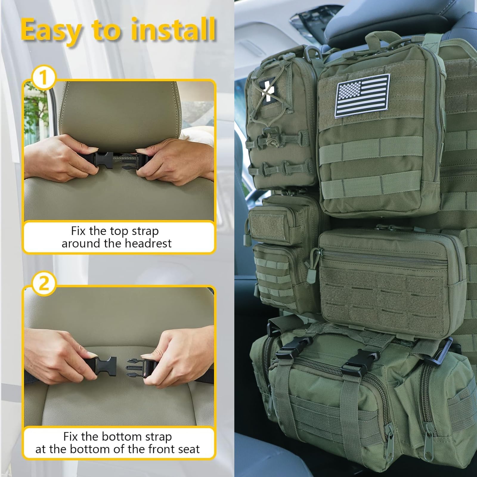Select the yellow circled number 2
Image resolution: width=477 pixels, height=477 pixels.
coord(44,284)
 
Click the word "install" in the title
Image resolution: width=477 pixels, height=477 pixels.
coord(173,30)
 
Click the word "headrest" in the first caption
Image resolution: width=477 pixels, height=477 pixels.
coord(148,243)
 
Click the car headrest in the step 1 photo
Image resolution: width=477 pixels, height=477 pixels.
coord(119,113)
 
